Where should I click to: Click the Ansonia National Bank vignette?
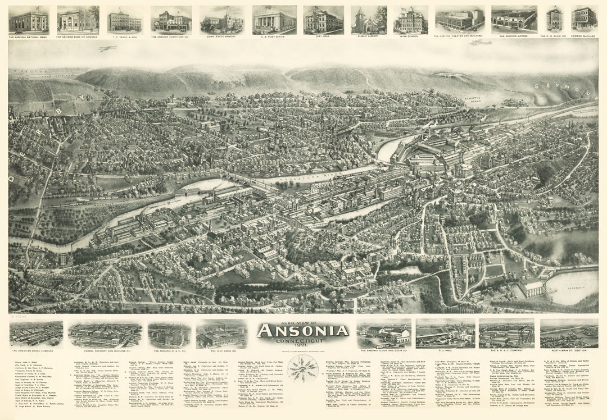(x=28, y=20)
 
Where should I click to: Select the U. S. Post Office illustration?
(x=274, y=20)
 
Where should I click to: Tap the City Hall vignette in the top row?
(x=323, y=20)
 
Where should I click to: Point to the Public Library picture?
(x=369, y=20)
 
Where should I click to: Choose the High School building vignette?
(x=410, y=20)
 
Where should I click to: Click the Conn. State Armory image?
(x=221, y=20)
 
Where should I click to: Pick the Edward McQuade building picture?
(x=585, y=19)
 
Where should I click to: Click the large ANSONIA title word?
(x=303, y=331)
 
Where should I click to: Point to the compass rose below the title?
(x=302, y=368)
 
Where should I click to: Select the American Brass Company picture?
(x=36, y=334)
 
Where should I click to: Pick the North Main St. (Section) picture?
(x=569, y=334)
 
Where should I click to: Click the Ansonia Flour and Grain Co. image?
(x=383, y=334)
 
